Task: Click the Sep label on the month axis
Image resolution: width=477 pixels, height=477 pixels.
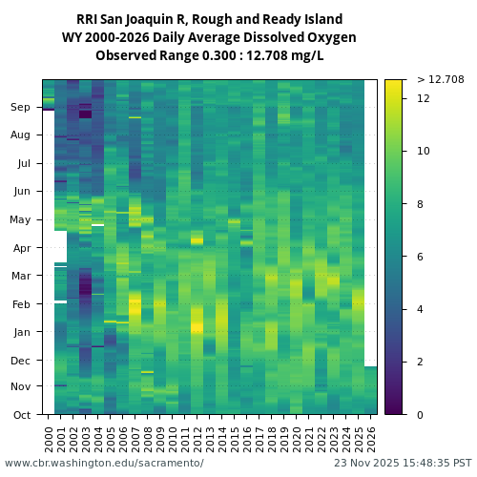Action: tap(21, 108)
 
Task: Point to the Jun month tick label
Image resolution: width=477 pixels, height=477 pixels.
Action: tap(21, 191)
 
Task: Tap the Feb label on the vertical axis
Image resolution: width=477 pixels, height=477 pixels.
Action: tap(21, 304)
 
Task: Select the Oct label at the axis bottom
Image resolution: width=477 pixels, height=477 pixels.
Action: tap(21, 415)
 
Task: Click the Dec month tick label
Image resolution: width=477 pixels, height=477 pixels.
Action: tap(21, 360)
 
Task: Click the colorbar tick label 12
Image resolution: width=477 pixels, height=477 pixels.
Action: tap(424, 98)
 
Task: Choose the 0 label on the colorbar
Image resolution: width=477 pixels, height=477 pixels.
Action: tap(421, 415)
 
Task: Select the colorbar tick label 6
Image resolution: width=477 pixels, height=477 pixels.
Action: tap(421, 257)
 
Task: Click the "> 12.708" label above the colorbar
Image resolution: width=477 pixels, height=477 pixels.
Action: tap(441, 79)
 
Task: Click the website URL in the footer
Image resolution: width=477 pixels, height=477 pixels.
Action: tap(104, 463)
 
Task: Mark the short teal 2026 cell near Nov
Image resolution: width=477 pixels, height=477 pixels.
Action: tap(371, 390)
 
